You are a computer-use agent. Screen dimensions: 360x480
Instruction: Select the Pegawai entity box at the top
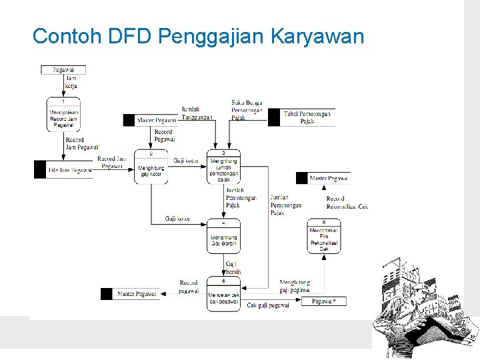[x=63, y=69]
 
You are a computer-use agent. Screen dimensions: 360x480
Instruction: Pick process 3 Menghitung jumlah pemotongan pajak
[x=223, y=167]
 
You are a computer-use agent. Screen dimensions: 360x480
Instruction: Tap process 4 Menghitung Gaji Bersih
[x=223, y=237]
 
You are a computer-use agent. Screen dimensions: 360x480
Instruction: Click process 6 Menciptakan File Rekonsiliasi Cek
[x=324, y=236]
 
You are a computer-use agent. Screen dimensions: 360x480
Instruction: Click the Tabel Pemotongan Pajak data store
[x=307, y=118]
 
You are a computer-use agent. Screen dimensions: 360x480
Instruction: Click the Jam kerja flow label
[x=71, y=82]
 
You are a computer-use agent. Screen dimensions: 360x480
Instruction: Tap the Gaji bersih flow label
[x=231, y=268]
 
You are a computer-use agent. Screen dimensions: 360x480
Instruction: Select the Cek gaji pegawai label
[x=268, y=305]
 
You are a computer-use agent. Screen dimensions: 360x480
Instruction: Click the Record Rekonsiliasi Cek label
[x=347, y=203]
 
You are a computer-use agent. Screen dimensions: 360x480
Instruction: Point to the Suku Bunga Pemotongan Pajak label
[x=247, y=110]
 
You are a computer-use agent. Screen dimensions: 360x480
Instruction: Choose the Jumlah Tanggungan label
[x=197, y=113]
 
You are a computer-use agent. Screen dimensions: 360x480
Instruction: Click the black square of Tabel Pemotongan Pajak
[x=273, y=118]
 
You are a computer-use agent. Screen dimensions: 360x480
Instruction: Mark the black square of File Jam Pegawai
[x=40, y=170]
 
